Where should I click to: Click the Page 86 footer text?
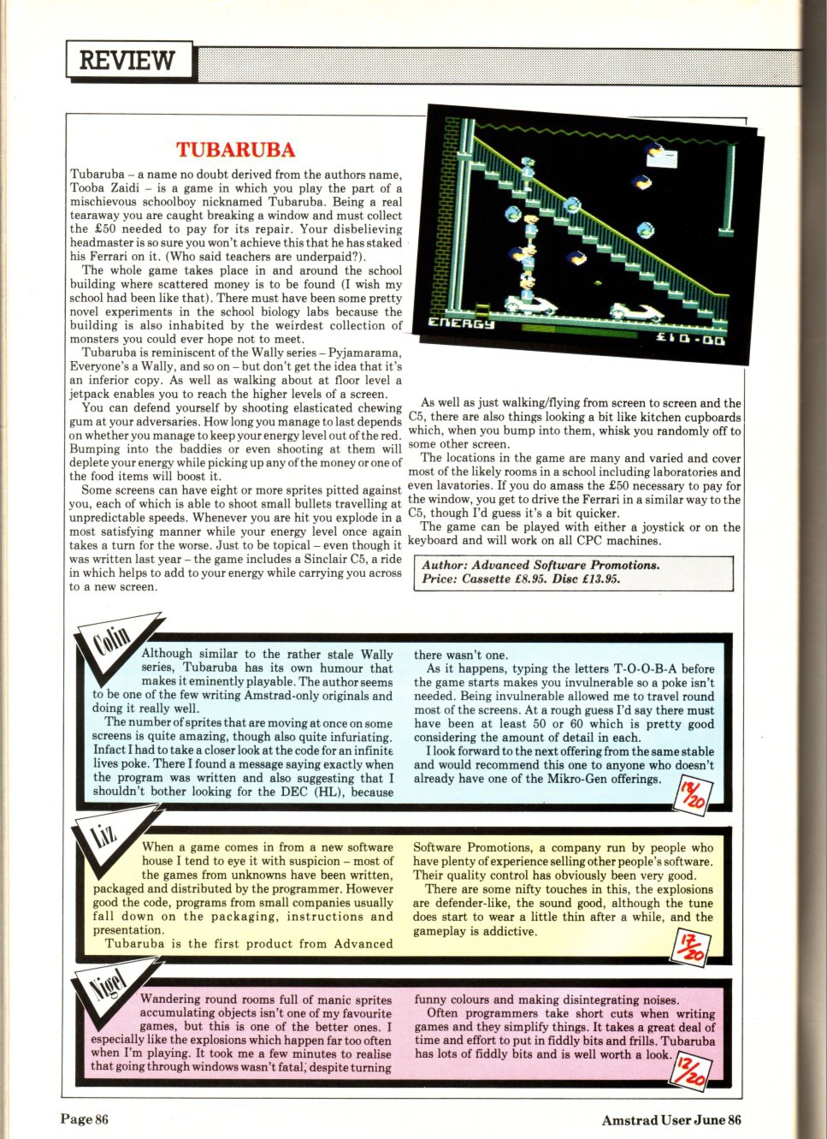point(85,1119)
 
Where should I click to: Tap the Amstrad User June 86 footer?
point(670,1120)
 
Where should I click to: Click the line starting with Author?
point(541,566)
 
